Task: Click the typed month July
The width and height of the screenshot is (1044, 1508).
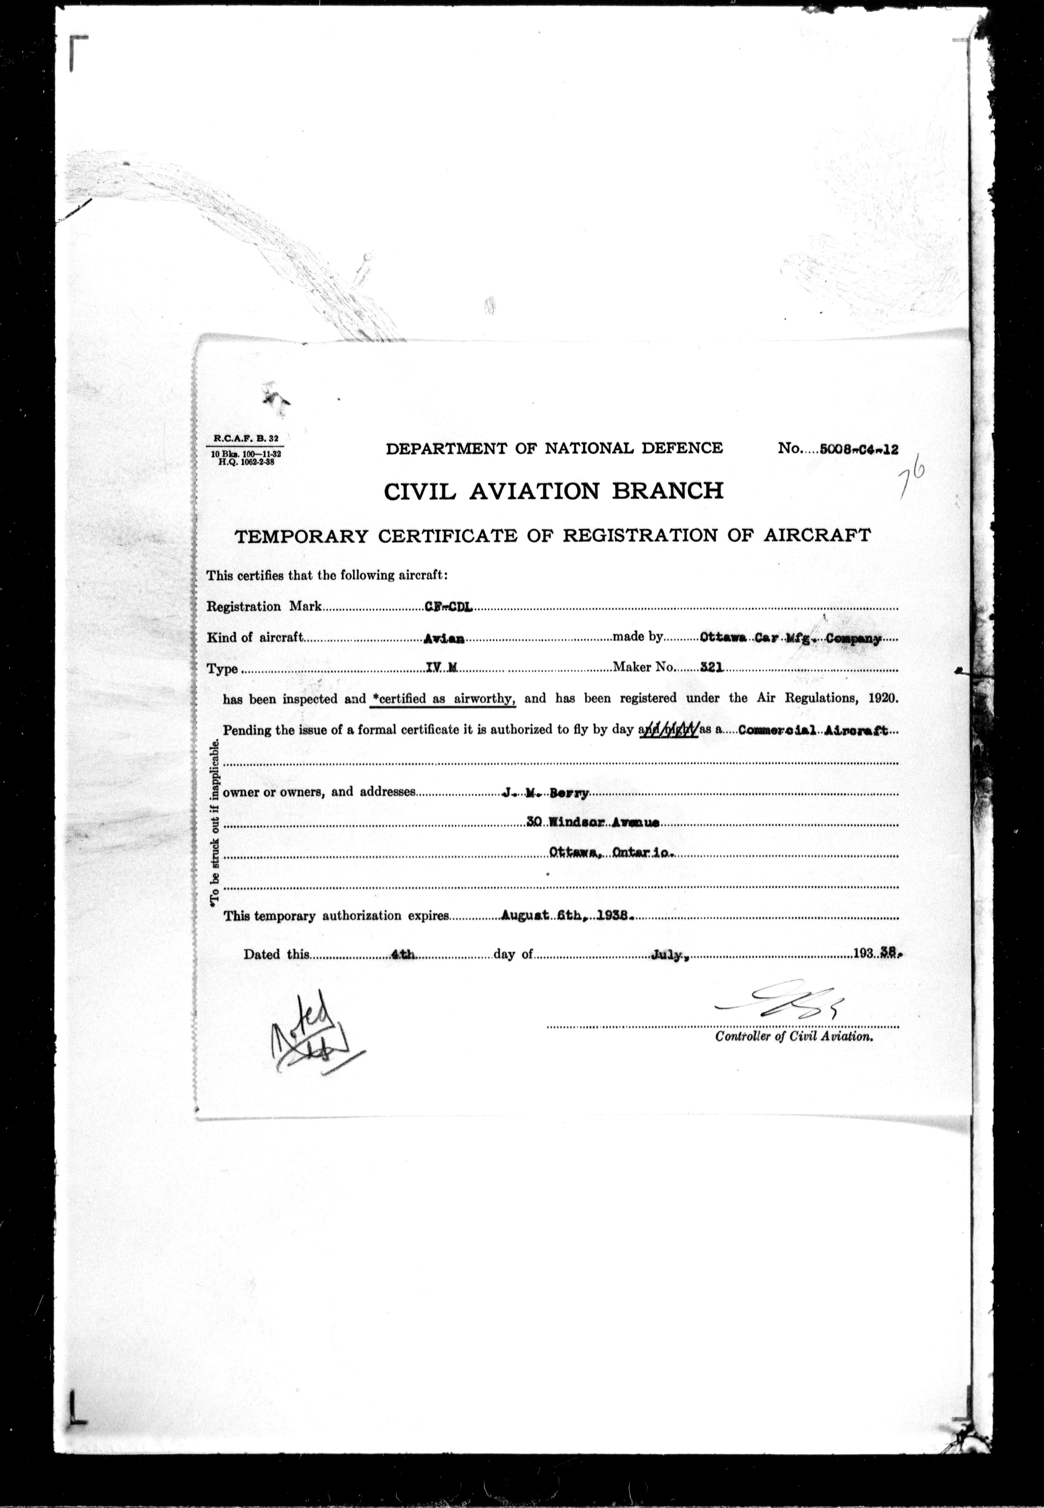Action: coord(670,954)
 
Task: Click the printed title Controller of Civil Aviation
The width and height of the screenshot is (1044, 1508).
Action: coord(794,1037)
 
